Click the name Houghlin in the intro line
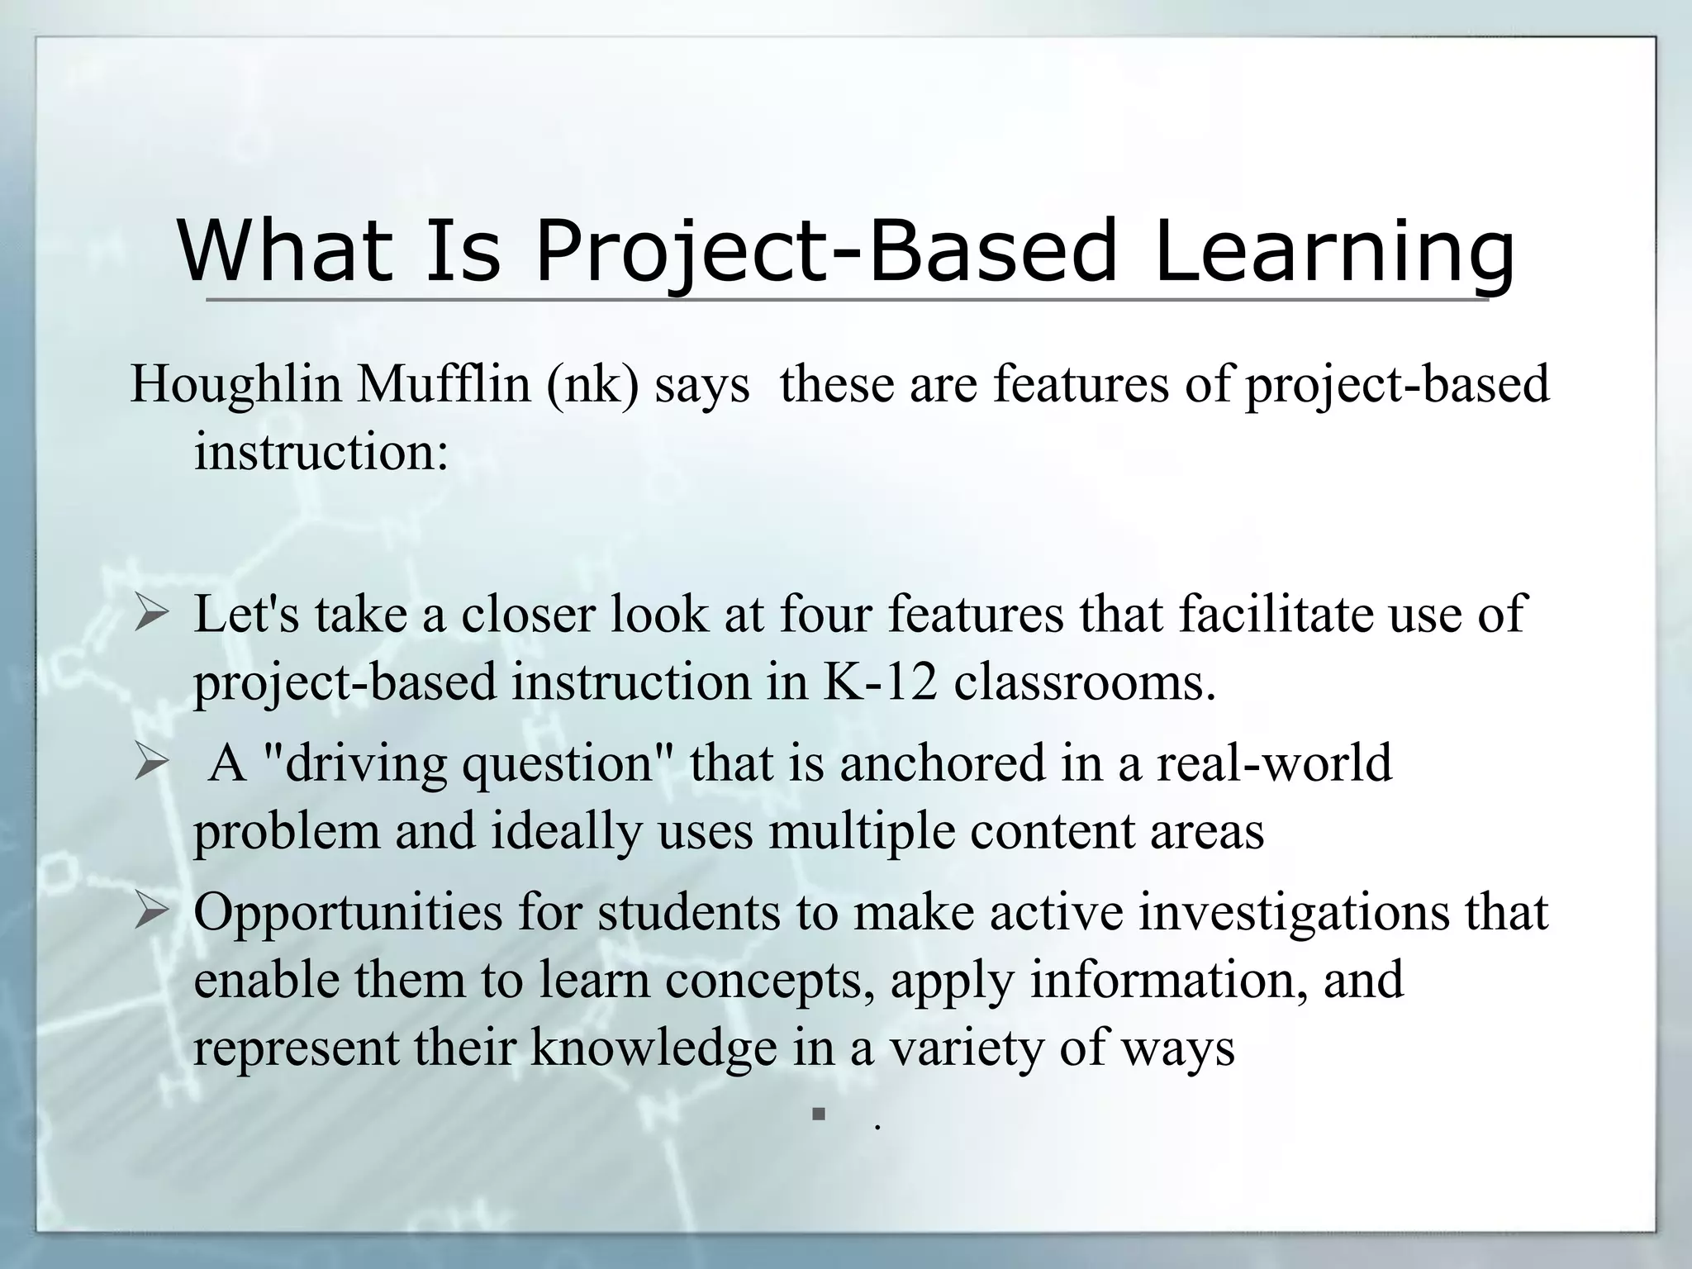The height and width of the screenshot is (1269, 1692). (236, 384)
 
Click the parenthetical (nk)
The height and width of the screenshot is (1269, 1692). (592, 384)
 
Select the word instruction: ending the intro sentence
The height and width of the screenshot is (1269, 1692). (321, 452)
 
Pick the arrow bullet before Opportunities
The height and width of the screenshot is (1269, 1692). (151, 913)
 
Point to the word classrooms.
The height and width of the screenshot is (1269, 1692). (1085, 682)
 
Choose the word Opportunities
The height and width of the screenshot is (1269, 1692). (348, 912)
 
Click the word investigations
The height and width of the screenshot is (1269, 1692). (1294, 912)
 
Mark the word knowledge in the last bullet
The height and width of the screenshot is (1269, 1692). (654, 1047)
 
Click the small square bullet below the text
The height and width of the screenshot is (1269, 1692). (819, 1115)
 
